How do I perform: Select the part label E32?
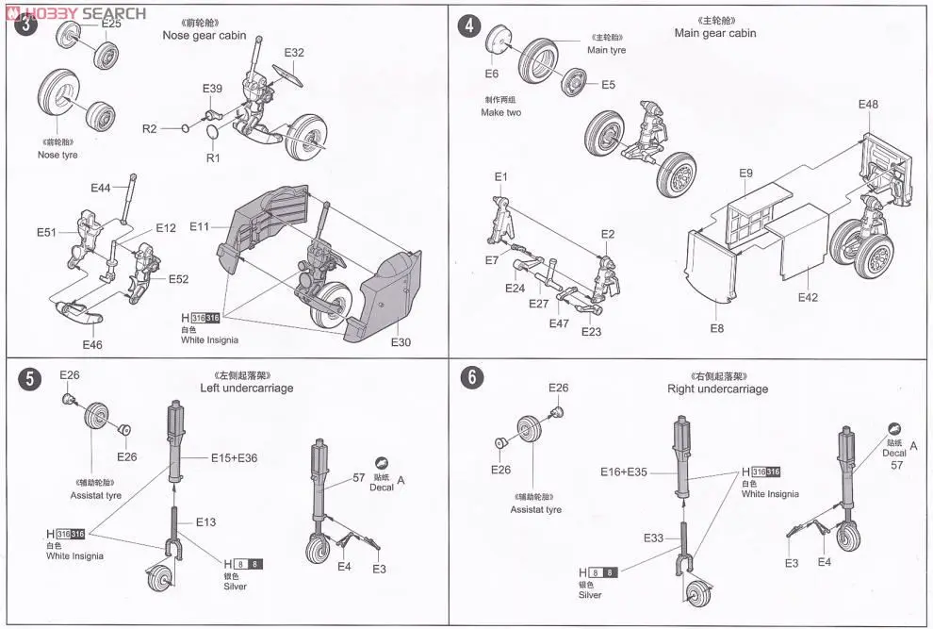[x=294, y=53]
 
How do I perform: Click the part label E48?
[x=868, y=104]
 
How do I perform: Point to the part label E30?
[x=401, y=342]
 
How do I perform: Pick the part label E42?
[x=808, y=297]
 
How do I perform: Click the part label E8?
[x=717, y=327]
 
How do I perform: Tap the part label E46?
[x=91, y=345]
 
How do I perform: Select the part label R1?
[x=212, y=157]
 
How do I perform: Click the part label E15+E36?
[x=233, y=457]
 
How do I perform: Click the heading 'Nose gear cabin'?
[x=205, y=36]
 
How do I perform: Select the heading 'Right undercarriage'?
[x=717, y=389]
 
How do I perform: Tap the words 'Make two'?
[x=500, y=112]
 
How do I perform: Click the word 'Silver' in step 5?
[x=235, y=587]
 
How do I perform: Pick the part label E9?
[x=745, y=174]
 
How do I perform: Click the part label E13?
[x=206, y=521]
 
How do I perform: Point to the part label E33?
[x=655, y=538]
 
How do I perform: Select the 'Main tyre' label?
[x=606, y=50]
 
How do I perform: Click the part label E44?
[x=101, y=188]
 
